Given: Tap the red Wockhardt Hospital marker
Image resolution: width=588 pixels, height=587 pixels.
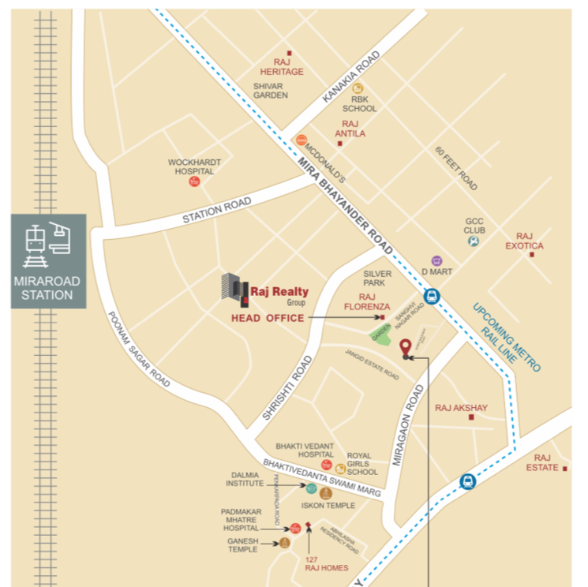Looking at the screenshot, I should click(194, 182).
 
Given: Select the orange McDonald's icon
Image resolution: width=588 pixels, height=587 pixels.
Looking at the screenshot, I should click(301, 140).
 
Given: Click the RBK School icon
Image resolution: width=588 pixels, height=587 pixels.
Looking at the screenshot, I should click(358, 88).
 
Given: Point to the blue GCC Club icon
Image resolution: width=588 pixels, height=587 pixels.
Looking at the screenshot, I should click(473, 242).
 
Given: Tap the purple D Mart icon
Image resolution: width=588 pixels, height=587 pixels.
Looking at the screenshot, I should click(436, 260).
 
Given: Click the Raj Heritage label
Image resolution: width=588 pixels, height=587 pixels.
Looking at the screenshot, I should click(288, 66).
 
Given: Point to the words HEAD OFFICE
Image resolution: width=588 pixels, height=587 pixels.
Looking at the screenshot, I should click(267, 318).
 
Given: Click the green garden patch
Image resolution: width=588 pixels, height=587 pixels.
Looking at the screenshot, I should click(381, 334).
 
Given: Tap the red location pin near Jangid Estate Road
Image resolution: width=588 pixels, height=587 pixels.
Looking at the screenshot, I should click(406, 346).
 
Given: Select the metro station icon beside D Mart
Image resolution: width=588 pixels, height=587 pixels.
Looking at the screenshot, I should click(431, 297).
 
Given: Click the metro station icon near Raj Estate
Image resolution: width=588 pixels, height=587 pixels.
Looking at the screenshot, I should click(468, 480).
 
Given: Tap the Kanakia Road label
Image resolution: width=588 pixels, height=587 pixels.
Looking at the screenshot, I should click(351, 77).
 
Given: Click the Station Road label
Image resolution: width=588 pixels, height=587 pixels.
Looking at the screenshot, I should click(216, 210).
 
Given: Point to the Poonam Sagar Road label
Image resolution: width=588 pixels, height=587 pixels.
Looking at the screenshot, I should click(139, 346).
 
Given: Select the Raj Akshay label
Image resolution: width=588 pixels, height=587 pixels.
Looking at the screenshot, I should click(461, 408).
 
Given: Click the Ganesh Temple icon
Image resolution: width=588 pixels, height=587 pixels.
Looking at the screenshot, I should click(285, 543).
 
